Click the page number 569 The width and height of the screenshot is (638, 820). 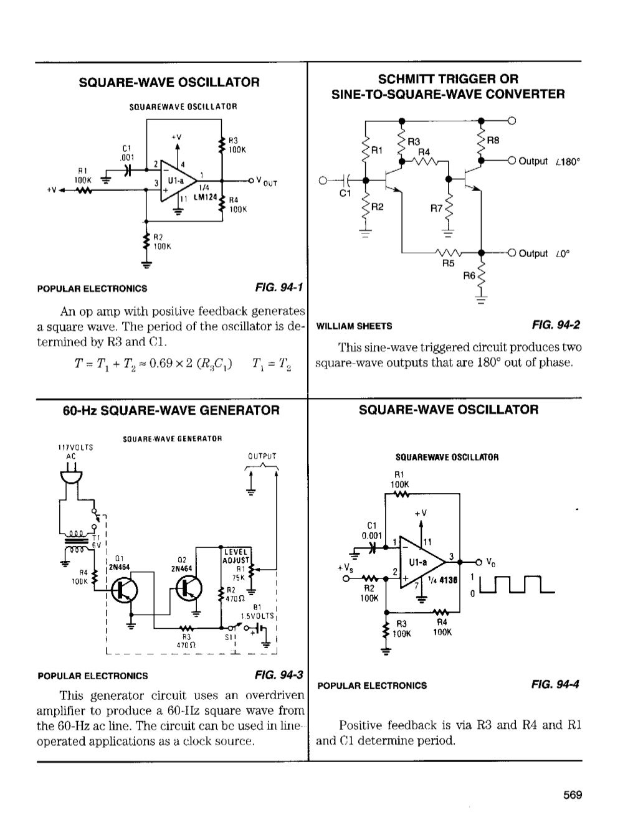pyautogui.click(x=572, y=795)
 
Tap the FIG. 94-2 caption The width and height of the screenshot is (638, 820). pyautogui.click(x=556, y=325)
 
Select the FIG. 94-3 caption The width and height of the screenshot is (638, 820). pyautogui.click(x=279, y=675)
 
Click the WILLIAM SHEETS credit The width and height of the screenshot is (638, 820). pyautogui.click(x=355, y=326)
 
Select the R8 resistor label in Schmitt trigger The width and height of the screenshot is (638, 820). pyautogui.click(x=493, y=141)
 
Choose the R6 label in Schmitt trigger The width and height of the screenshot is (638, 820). pyautogui.click(x=469, y=275)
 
